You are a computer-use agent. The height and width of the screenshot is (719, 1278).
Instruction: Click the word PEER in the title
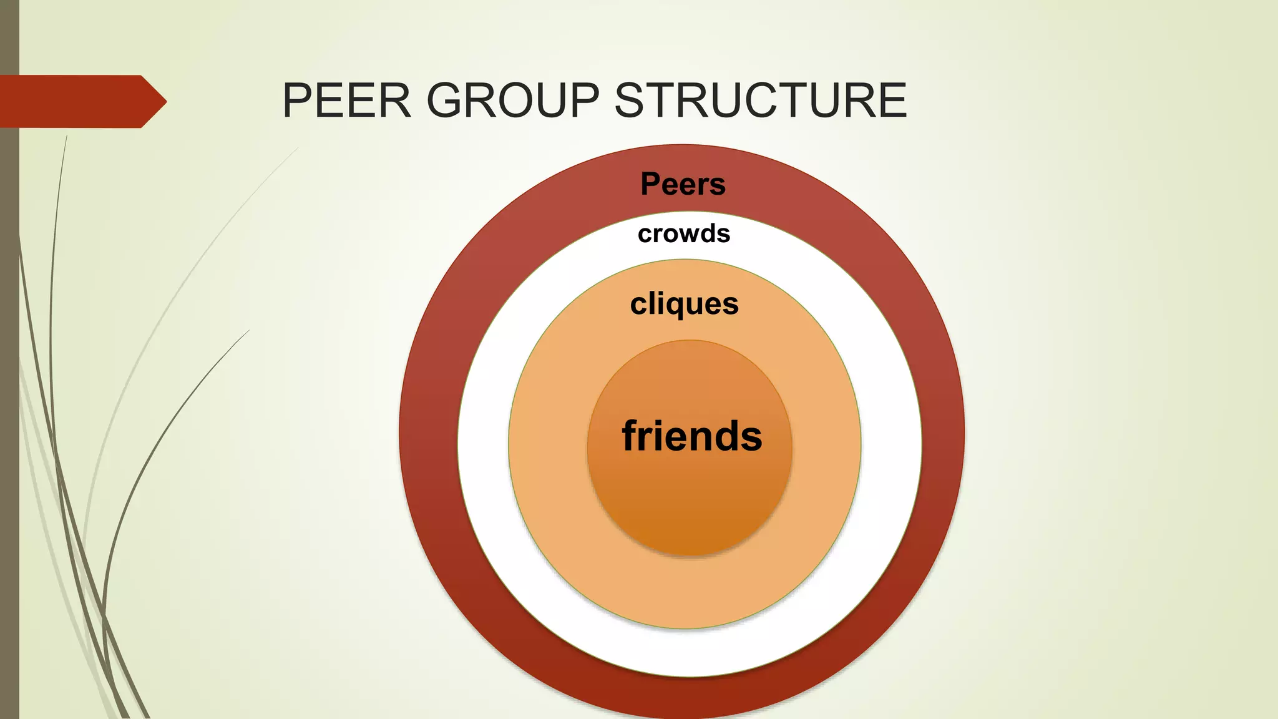pyautogui.click(x=347, y=100)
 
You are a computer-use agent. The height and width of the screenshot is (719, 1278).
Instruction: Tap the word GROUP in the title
pyautogui.click(x=512, y=100)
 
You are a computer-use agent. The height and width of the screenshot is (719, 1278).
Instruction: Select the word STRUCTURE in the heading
pyautogui.click(x=761, y=100)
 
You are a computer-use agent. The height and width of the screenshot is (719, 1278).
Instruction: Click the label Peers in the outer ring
pyautogui.click(x=683, y=184)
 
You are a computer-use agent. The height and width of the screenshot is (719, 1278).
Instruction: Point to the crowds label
pyautogui.click(x=684, y=234)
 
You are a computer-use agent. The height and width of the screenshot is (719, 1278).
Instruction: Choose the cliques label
pyautogui.click(x=685, y=305)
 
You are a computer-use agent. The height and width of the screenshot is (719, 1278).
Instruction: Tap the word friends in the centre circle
pyautogui.click(x=692, y=436)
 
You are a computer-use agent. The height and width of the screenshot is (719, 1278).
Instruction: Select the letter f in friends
pyautogui.click(x=632, y=435)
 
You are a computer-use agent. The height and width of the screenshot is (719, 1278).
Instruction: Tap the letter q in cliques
pyautogui.click(x=674, y=306)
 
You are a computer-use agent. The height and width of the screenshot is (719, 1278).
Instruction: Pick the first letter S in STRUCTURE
pyautogui.click(x=632, y=100)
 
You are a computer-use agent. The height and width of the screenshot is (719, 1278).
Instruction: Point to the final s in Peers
pyautogui.click(x=718, y=185)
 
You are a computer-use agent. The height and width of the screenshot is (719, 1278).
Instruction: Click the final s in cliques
pyautogui.click(x=731, y=305)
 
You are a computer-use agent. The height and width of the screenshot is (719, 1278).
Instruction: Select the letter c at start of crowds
pyautogui.click(x=645, y=235)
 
